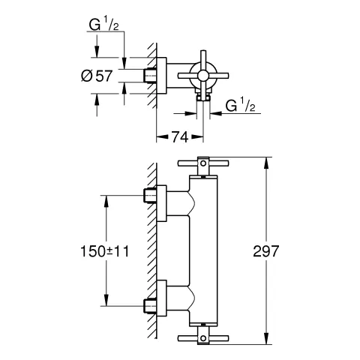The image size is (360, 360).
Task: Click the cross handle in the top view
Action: click(202, 73)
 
